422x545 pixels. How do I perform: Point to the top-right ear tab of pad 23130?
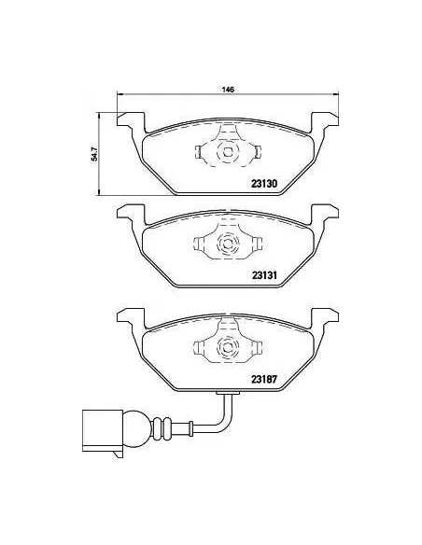[322, 119]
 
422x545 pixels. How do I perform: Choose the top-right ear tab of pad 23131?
[322, 214]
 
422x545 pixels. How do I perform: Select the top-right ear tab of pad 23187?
[322, 315]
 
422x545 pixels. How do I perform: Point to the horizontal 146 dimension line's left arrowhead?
[120, 95]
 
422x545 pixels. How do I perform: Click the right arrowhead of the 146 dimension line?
[333, 95]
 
